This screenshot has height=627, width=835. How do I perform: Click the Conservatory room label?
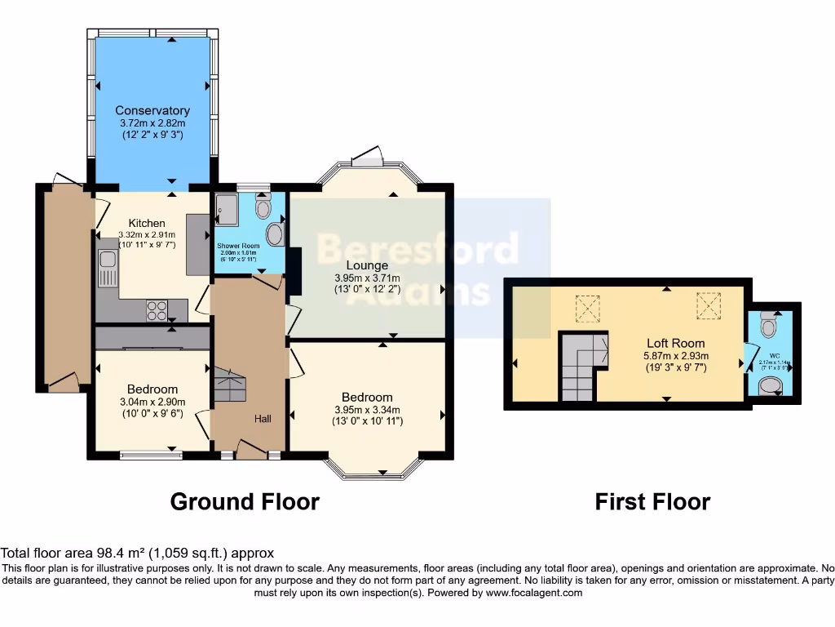[152, 110]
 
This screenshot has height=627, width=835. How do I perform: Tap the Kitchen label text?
[147, 223]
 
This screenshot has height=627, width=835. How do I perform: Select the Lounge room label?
[367, 265]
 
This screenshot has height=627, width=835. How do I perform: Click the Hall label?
[263, 419]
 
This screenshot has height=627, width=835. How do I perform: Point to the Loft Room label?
[676, 343]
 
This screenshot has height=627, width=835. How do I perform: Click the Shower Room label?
[238, 246]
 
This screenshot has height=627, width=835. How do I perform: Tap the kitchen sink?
[107, 264]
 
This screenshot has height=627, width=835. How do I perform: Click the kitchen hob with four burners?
[157, 310]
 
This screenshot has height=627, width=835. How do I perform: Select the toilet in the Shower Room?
[263, 207]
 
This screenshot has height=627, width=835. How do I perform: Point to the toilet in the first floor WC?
[767, 327]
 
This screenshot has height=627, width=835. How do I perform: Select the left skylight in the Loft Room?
[587, 308]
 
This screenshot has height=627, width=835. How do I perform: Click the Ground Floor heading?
[244, 501]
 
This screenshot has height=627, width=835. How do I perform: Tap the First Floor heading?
[652, 501]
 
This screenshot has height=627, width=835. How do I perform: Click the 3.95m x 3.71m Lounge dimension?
[367, 278]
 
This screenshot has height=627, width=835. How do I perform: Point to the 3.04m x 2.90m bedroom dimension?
[152, 401]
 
